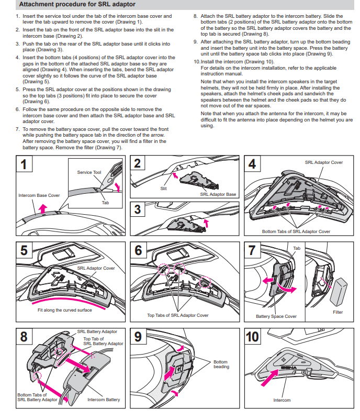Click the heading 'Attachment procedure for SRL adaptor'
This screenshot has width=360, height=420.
point(77,5)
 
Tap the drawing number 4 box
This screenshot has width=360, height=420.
point(253,164)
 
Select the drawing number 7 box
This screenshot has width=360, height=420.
point(253,250)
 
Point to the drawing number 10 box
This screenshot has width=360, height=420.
point(253,336)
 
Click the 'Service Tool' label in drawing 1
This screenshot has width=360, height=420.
point(89,172)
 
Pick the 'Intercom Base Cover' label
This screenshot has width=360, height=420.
point(39,195)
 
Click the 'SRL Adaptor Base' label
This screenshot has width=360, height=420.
point(218,194)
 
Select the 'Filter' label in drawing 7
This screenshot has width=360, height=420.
point(338,312)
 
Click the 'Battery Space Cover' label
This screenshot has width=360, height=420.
point(276,316)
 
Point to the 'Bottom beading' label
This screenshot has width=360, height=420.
point(221,364)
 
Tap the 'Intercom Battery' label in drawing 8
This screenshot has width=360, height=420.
point(104,400)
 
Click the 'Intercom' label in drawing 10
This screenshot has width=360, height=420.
point(282,400)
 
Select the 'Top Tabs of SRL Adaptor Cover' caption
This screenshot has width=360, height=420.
point(178,315)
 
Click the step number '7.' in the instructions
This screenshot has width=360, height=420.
point(18,129)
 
